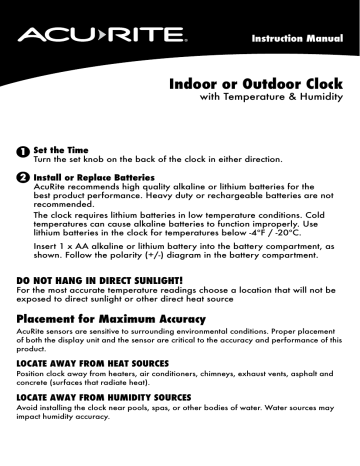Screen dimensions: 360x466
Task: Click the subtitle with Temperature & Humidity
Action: tap(263, 102)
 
